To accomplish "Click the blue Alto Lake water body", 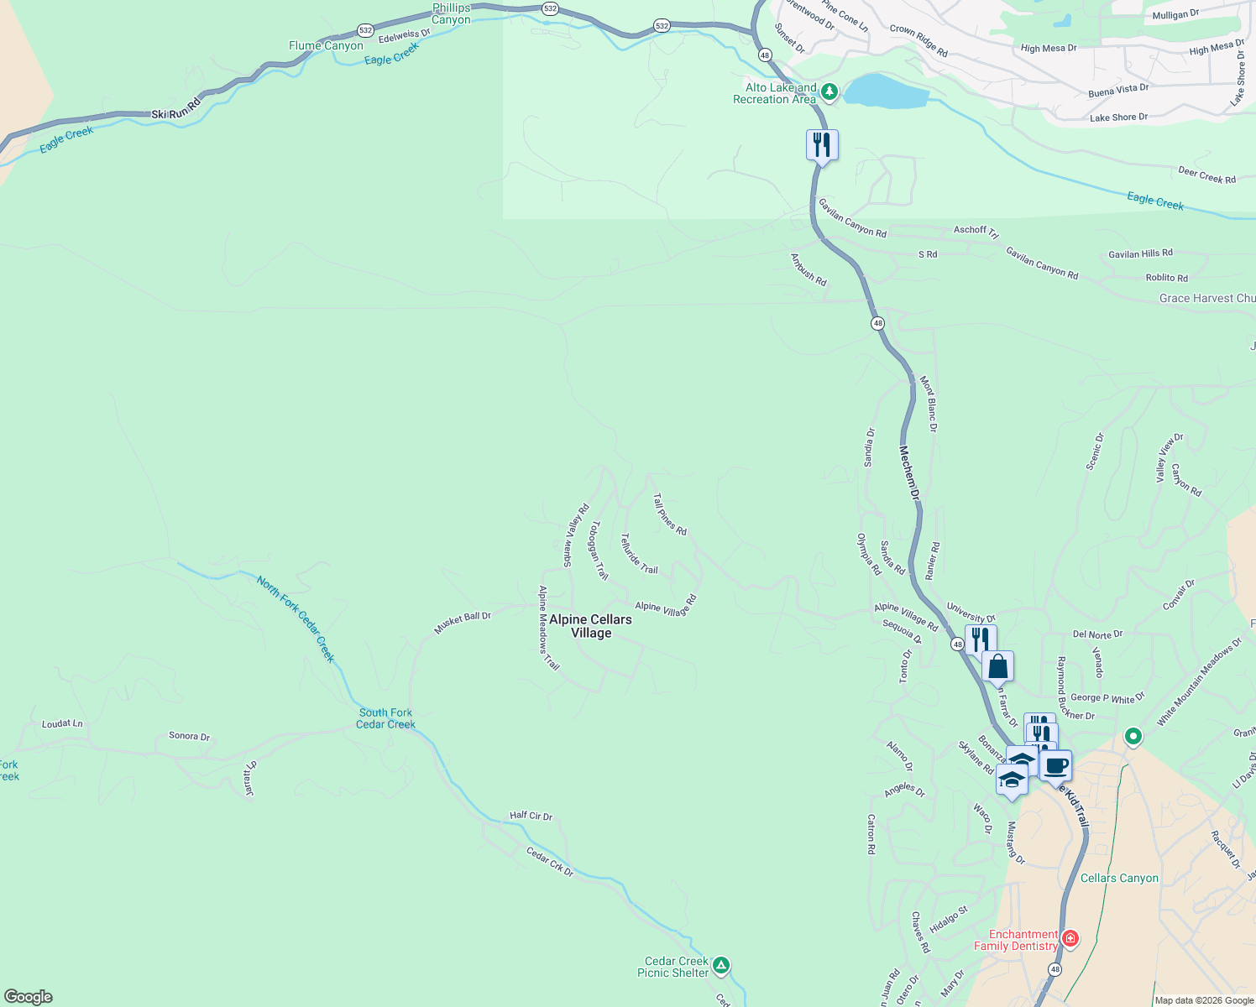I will [887, 91].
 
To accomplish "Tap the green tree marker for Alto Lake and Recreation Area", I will [829, 91].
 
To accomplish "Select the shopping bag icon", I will [997, 667].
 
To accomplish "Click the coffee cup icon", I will [1056, 765].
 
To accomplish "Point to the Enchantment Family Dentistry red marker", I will [1070, 938].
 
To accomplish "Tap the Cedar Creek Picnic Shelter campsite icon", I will [722, 965].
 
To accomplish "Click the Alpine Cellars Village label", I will [590, 626].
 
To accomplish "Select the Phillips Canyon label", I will [452, 13].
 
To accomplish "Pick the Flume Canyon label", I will [326, 45].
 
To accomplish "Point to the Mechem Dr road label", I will [910, 474].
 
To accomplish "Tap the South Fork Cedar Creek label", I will [385, 718].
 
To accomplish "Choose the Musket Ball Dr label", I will [462, 622].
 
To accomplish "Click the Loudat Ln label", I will [63, 723].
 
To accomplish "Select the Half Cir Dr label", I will [531, 815].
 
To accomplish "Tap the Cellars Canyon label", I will [1119, 878].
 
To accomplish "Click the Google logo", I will [29, 997].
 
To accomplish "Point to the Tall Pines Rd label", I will [670, 514].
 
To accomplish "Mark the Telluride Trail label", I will [639, 554].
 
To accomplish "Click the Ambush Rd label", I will [809, 269].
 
